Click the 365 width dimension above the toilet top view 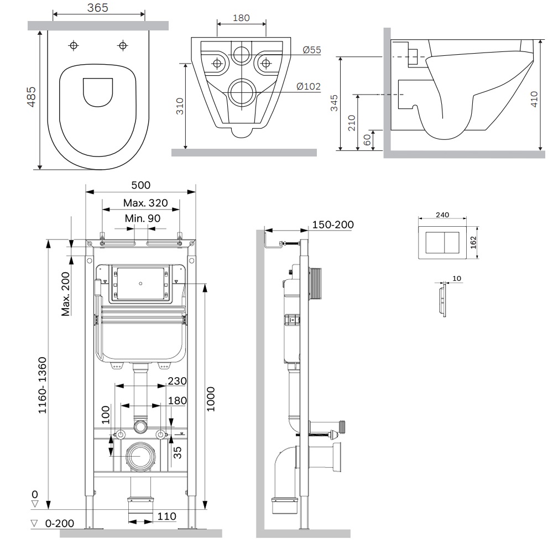point(97,8)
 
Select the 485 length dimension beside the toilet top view point(32,96)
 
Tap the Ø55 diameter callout point(312,50)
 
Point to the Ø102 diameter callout point(309,86)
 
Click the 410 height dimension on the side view point(534,98)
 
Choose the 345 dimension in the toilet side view point(334,103)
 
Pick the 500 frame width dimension point(140,185)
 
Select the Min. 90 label point(143,218)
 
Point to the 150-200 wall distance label point(333,225)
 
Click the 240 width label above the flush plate point(442,215)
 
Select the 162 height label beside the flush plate point(473,242)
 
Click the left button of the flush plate point(434,242)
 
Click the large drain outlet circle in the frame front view point(140,457)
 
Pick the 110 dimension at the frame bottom point(166,517)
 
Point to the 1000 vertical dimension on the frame point(210,398)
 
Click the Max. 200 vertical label point(66,294)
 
